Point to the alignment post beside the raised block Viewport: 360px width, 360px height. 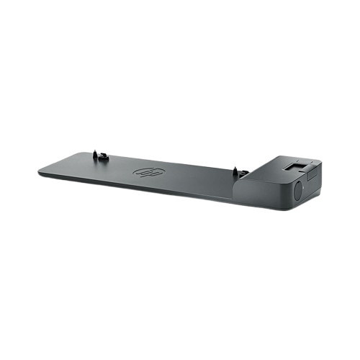click(235, 172)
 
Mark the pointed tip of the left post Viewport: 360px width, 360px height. click(94, 150)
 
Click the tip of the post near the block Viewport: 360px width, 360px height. click(234, 168)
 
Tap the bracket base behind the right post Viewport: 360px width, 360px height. click(245, 173)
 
